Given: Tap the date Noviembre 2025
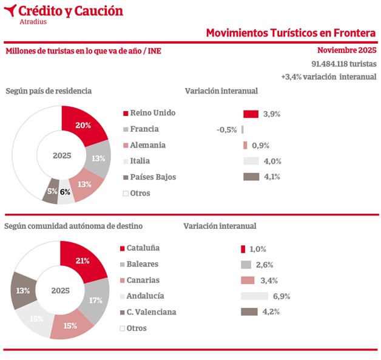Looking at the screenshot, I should pyautogui.click(x=346, y=50).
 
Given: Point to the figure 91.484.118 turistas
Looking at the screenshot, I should pyautogui.click(x=343, y=64).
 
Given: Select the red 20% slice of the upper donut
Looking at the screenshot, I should pyautogui.click(x=83, y=125).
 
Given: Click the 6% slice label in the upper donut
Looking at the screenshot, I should pyautogui.click(x=66, y=192).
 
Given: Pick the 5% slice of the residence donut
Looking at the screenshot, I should pyautogui.click(x=52, y=190).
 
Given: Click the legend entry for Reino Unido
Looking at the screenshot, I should pyautogui.click(x=152, y=113).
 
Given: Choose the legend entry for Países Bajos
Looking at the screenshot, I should pyautogui.click(x=153, y=177).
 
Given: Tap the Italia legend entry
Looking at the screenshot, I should pyautogui.click(x=140, y=161).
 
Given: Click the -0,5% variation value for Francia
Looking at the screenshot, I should pyautogui.click(x=227, y=129).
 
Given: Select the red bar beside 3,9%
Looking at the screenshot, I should pyautogui.click(x=251, y=114).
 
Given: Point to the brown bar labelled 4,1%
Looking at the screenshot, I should pyautogui.click(x=251, y=177).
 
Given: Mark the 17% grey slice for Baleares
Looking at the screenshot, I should pyautogui.click(x=95, y=299).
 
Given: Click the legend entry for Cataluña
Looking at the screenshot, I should pyautogui.click(x=144, y=248).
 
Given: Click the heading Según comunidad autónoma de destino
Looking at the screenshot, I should pyautogui.click(x=73, y=226).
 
